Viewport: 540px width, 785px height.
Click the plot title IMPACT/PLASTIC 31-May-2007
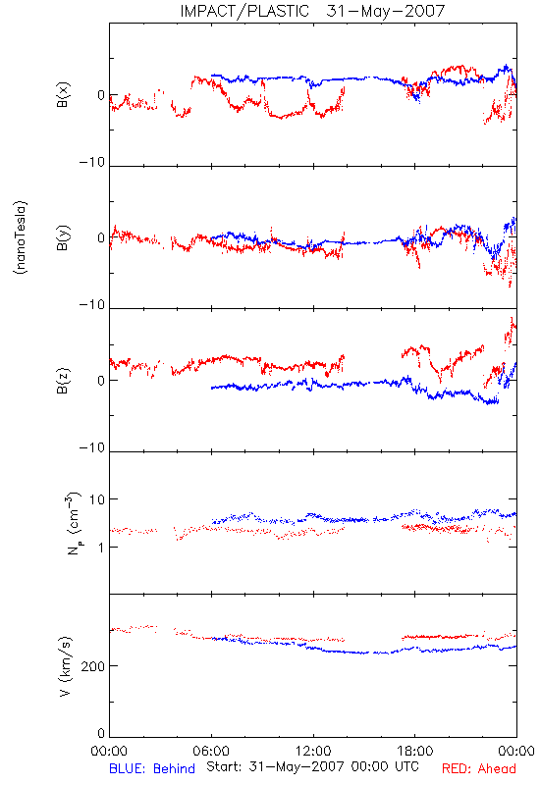(x=312, y=11)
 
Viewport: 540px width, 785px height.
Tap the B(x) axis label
(x=63, y=94)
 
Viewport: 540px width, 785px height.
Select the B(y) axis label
(x=63, y=237)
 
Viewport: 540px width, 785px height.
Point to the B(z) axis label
(x=63, y=381)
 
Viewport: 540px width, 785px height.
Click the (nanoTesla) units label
(x=21, y=237)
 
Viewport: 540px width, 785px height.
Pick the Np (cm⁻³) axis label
(x=73, y=523)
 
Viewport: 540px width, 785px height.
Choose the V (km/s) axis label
(x=65, y=666)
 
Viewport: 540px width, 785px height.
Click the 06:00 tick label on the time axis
(x=211, y=751)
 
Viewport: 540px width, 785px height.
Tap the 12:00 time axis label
(x=313, y=751)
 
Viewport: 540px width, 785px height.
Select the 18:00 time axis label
(x=415, y=751)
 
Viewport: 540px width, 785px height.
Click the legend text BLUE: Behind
(x=152, y=768)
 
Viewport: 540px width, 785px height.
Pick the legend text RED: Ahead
(x=479, y=768)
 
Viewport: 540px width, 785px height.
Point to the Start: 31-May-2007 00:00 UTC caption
(x=312, y=766)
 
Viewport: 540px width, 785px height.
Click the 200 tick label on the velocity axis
(x=93, y=666)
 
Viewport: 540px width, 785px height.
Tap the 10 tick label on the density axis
(x=97, y=499)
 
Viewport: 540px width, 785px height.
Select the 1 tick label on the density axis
(x=101, y=547)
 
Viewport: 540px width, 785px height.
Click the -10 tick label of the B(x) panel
(x=92, y=162)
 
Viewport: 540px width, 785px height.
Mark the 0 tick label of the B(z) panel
(x=101, y=381)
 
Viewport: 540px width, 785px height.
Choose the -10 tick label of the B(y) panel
(x=92, y=304)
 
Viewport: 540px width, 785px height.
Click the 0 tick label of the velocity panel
(x=101, y=733)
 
